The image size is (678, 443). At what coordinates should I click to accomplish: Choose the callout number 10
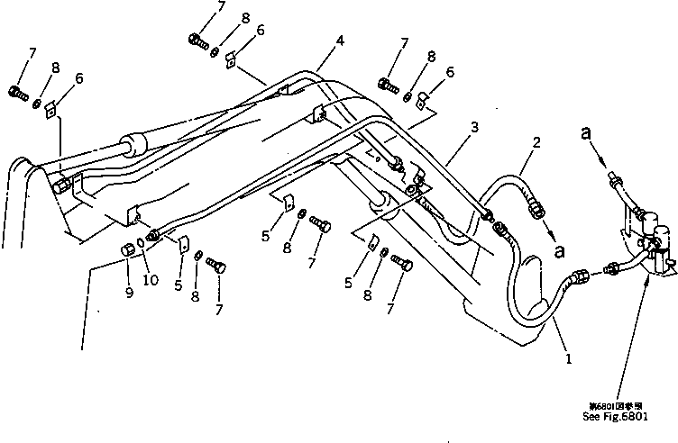tap(151, 280)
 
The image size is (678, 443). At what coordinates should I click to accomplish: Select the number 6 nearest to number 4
tap(260, 31)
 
